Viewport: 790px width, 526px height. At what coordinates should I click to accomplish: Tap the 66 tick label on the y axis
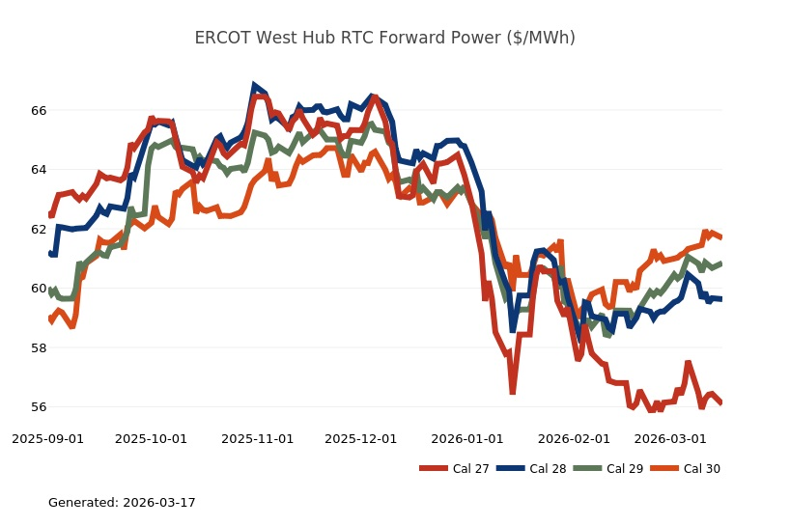[39, 111]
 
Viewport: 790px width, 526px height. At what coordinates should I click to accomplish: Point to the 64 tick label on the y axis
[39, 170]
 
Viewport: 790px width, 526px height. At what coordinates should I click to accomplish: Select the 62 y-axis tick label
[39, 230]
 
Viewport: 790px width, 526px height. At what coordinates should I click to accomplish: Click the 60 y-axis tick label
[39, 289]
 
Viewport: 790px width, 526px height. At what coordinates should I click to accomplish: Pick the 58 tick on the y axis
[39, 347]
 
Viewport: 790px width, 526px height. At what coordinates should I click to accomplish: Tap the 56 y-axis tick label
[39, 407]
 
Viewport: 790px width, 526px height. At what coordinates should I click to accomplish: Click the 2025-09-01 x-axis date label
[47, 438]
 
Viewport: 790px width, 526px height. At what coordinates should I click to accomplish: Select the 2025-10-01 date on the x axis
[151, 438]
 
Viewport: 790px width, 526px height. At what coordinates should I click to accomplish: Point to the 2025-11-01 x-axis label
[257, 438]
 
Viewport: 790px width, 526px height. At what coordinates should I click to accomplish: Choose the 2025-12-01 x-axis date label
[360, 438]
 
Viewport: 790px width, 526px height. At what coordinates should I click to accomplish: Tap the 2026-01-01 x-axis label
[467, 438]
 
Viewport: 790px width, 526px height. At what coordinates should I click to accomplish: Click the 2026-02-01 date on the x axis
[574, 438]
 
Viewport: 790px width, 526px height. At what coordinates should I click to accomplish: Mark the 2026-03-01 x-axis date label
[669, 438]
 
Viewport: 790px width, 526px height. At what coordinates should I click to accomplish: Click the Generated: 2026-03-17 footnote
[122, 503]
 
